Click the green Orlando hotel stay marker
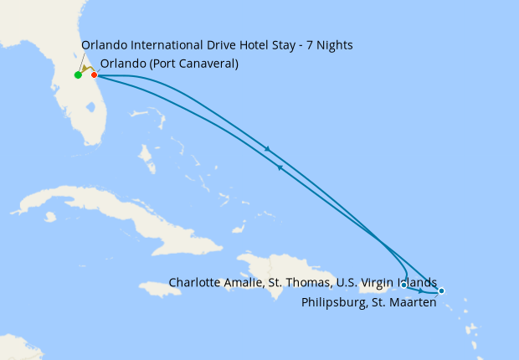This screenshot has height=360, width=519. (78, 75)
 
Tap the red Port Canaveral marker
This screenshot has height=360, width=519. (95, 75)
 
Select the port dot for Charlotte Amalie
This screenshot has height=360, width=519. (404, 285)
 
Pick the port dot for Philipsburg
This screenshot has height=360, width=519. (441, 291)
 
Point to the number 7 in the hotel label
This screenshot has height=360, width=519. (309, 45)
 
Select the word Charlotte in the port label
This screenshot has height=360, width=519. (196, 282)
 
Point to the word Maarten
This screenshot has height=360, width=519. (412, 302)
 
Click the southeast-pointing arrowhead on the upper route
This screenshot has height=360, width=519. (267, 149)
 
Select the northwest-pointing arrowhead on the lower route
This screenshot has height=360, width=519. (279, 167)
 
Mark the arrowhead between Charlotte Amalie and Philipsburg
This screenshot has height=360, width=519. (420, 291)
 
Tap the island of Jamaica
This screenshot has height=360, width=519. (161, 288)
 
